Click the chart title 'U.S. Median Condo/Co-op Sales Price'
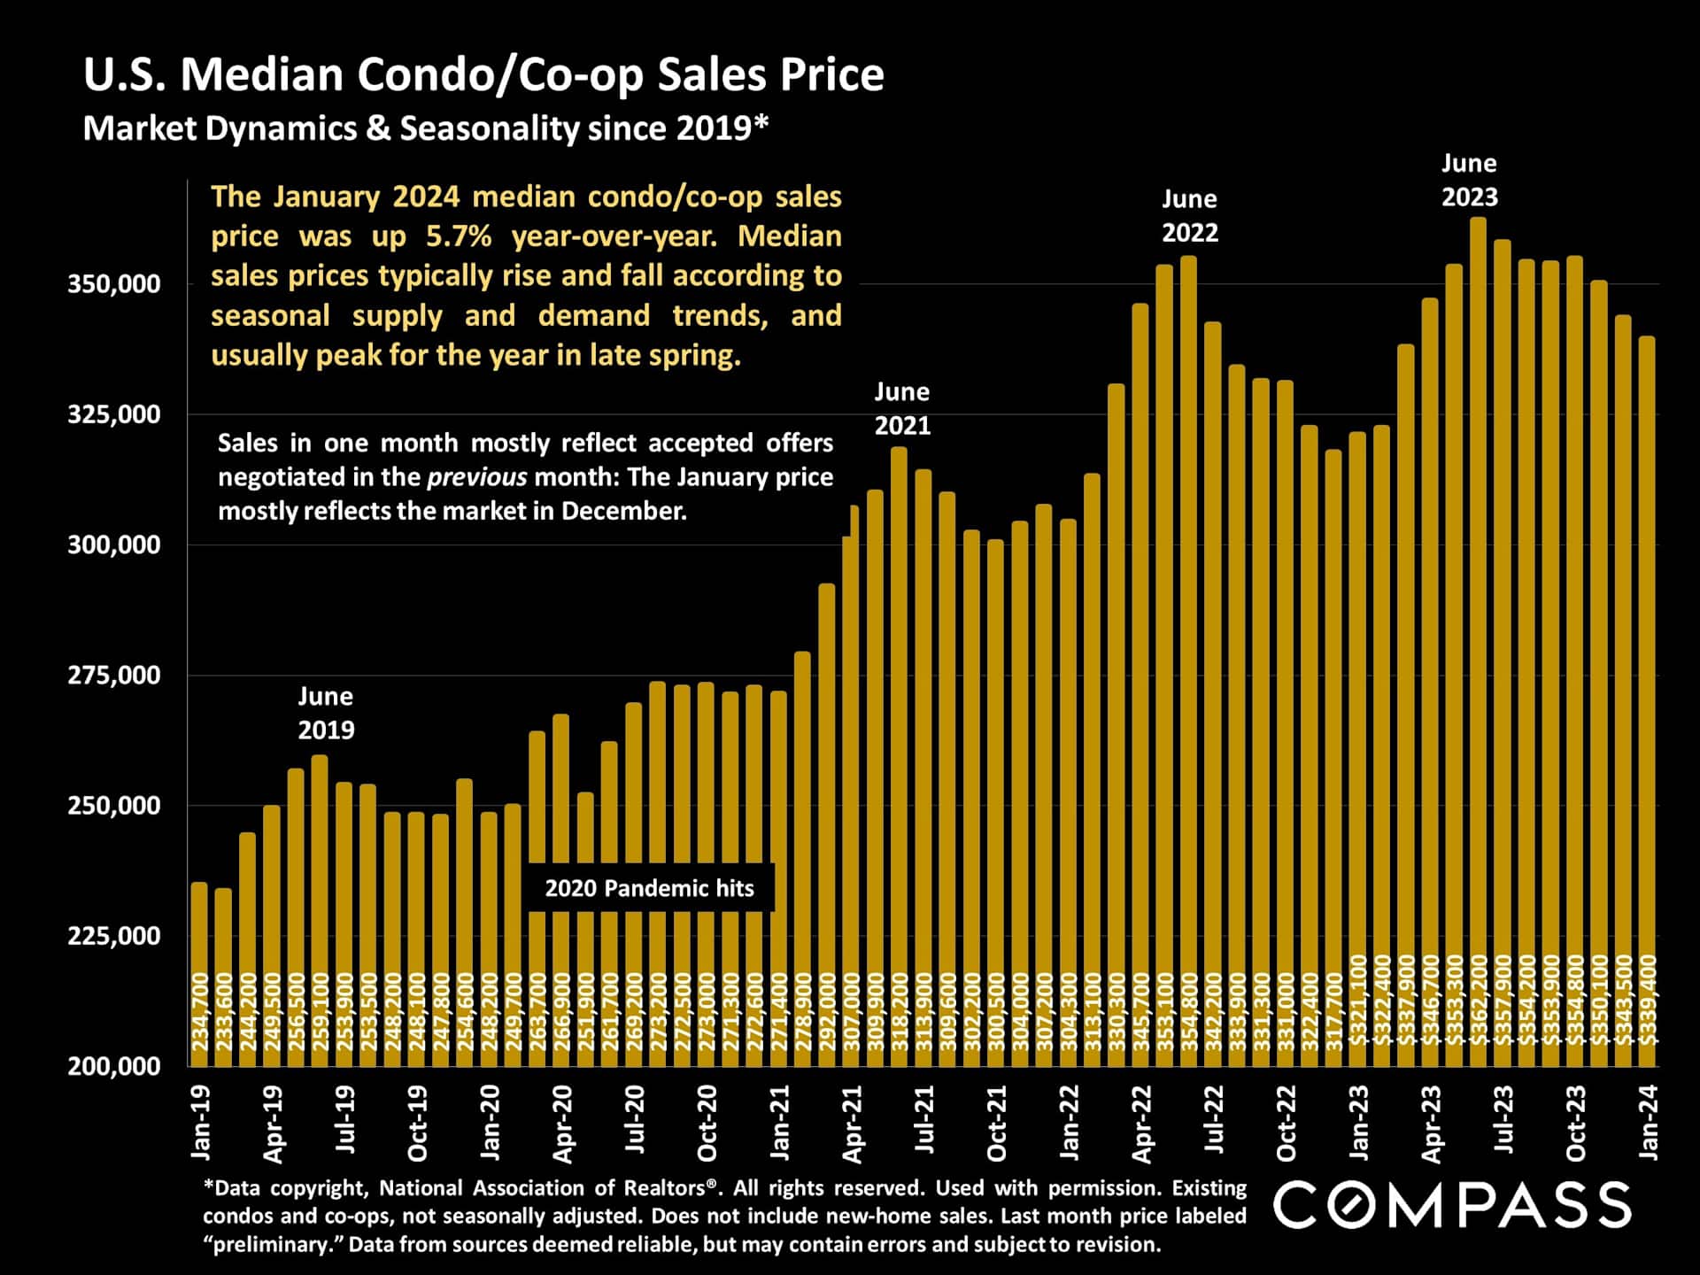click(x=483, y=74)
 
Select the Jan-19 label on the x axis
click(x=201, y=1122)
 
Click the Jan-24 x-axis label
click(x=1648, y=1122)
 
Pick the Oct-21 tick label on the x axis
click(x=996, y=1124)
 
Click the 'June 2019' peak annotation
click(x=325, y=713)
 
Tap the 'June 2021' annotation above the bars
click(x=901, y=408)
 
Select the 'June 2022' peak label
click(x=1189, y=215)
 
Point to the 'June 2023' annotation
click(x=1469, y=180)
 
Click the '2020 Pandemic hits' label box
click(x=649, y=888)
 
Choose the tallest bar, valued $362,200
click(x=1478, y=620)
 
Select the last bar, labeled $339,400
click(x=1647, y=691)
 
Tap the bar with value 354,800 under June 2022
click(x=1188, y=620)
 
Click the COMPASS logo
click(x=1452, y=1205)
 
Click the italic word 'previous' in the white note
click(x=476, y=477)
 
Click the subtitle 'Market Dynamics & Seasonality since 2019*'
click(x=425, y=129)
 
